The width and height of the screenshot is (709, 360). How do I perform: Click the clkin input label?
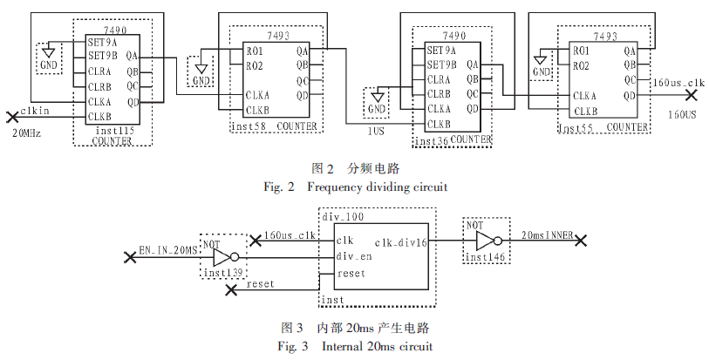pyautogui.click(x=35, y=110)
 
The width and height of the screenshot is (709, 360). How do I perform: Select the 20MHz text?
pyautogui.click(x=27, y=133)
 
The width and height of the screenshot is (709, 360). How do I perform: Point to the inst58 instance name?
pyautogui.click(x=247, y=127)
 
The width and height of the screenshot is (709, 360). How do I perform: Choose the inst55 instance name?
pyautogui.click(x=576, y=127)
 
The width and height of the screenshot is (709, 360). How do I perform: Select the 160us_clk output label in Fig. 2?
pyautogui.click(x=678, y=83)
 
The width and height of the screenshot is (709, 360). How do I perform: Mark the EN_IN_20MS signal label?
pyautogui.click(x=168, y=250)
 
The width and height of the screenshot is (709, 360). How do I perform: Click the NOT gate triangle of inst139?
pyautogui.click(x=222, y=257)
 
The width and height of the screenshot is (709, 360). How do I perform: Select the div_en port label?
pyautogui.click(x=354, y=256)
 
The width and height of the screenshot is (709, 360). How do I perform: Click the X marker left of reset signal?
pyautogui.click(x=231, y=291)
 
